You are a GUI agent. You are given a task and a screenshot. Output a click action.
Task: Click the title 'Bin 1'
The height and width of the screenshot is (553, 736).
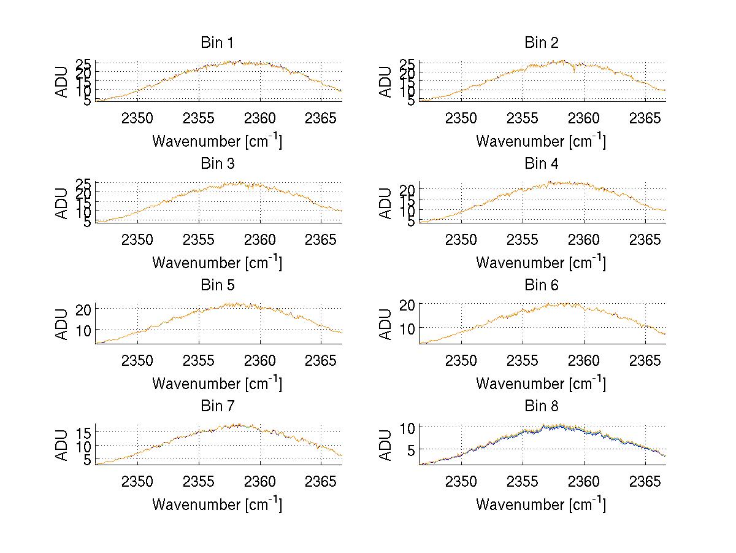click(217, 43)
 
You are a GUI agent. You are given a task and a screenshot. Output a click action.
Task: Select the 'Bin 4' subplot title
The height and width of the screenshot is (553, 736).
click(541, 164)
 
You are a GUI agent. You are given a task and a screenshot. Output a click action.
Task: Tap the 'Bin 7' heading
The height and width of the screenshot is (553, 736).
click(217, 406)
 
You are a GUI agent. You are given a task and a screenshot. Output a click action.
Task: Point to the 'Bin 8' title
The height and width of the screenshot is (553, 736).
click(541, 406)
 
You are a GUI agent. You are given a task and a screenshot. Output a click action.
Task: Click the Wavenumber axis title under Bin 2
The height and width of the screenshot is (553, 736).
click(541, 141)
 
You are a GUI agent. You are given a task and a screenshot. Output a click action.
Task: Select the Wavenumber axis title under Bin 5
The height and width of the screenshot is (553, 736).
click(217, 384)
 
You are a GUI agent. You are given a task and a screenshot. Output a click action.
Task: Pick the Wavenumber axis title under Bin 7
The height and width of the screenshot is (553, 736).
click(217, 505)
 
